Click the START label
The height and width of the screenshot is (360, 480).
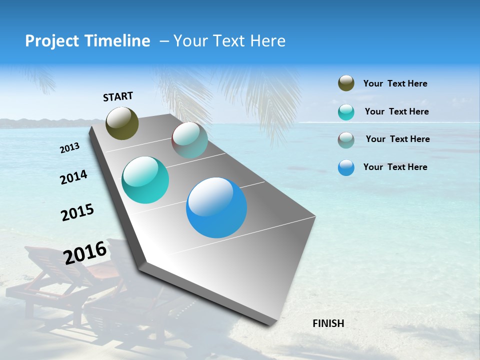(x=118, y=96)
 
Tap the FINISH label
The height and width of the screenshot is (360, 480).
(x=328, y=323)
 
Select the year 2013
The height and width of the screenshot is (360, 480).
(x=70, y=148)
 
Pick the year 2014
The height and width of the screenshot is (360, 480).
(x=74, y=177)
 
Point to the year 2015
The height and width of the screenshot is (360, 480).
(x=77, y=212)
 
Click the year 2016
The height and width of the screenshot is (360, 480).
(x=85, y=252)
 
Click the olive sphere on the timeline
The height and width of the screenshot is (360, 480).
(x=122, y=123)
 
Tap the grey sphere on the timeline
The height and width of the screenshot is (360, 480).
(x=189, y=140)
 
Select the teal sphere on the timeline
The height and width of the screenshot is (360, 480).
(x=145, y=180)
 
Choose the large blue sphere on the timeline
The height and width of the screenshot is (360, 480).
(x=216, y=207)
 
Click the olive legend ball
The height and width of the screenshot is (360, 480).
(x=346, y=83)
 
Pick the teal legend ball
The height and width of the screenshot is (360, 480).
(x=346, y=112)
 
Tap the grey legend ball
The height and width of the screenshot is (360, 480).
(x=346, y=139)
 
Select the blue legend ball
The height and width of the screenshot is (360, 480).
(x=346, y=167)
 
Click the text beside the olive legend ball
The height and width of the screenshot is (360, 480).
(x=395, y=83)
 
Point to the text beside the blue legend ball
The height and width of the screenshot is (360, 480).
(x=395, y=167)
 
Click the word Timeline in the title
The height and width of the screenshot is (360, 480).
(x=118, y=41)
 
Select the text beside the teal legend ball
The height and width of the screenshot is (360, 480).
(x=396, y=111)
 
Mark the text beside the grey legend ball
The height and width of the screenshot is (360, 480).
(x=397, y=139)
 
